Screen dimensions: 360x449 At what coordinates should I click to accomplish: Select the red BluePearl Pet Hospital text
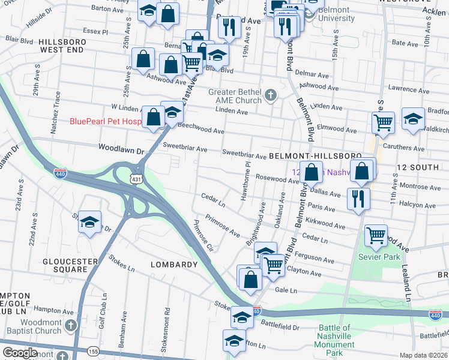tap(105, 121)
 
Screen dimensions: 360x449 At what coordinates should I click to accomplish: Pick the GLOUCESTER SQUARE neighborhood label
tap(70, 266)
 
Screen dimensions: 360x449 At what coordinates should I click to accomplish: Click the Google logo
tap(20, 353)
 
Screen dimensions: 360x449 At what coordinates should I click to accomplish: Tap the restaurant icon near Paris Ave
tap(358, 198)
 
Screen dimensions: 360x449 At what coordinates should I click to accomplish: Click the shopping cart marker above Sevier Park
tap(376, 235)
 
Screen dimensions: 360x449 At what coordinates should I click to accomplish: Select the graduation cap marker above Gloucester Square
tap(89, 222)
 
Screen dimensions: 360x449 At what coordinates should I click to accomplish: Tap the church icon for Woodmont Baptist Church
tap(71, 325)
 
